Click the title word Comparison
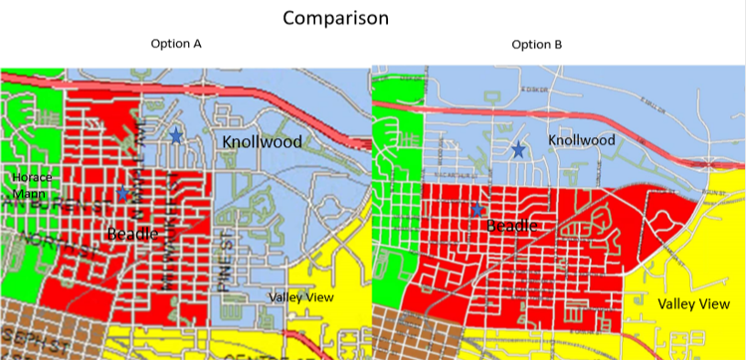(334, 18)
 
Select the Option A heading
(176, 44)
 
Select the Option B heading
(537, 44)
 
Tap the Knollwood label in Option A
(260, 139)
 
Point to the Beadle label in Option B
(512, 226)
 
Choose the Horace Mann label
(32, 185)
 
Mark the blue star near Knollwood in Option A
(175, 135)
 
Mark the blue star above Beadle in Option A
(122, 192)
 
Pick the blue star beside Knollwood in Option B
(518, 150)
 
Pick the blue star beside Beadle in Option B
(477, 210)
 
